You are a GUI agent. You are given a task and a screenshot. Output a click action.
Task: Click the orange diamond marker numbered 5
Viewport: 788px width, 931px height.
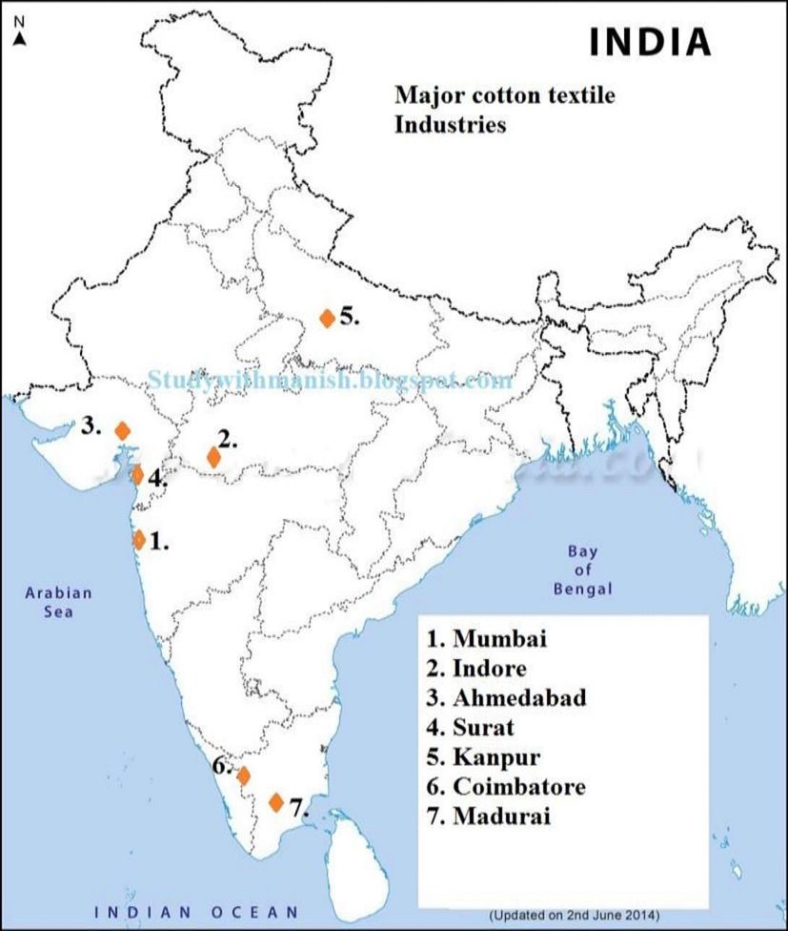point(327,319)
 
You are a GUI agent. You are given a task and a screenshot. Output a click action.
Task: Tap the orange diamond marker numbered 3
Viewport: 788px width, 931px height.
point(122,430)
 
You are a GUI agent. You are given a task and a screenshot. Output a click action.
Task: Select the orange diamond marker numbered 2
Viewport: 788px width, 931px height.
point(213,457)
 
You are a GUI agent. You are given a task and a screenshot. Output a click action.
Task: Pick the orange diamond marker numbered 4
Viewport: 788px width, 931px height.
point(137,474)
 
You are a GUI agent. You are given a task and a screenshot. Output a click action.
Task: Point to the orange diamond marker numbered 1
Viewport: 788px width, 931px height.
point(139,540)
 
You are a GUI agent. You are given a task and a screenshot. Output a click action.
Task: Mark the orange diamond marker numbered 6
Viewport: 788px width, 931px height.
point(243,775)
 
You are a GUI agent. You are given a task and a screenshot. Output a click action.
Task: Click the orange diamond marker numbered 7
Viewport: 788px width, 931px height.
point(276,802)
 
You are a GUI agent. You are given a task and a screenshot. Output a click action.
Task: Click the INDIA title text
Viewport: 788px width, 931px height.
point(651,42)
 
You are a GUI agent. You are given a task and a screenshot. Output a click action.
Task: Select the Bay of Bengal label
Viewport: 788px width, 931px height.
point(582,569)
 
